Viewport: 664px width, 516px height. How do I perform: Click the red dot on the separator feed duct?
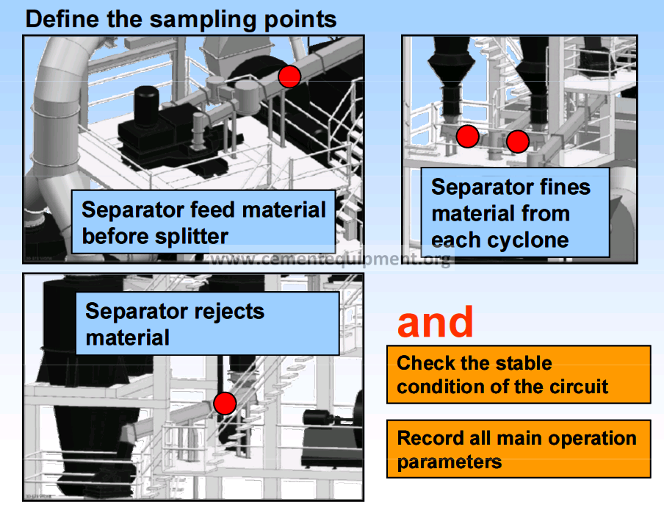[289, 76]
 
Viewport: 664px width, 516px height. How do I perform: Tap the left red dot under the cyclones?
[467, 136]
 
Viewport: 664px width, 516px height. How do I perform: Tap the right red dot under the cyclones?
[518, 141]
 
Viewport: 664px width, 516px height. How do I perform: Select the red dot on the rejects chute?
[225, 403]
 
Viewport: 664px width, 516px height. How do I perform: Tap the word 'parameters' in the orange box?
[450, 462]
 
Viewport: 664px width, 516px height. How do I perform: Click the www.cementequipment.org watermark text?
[331, 259]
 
